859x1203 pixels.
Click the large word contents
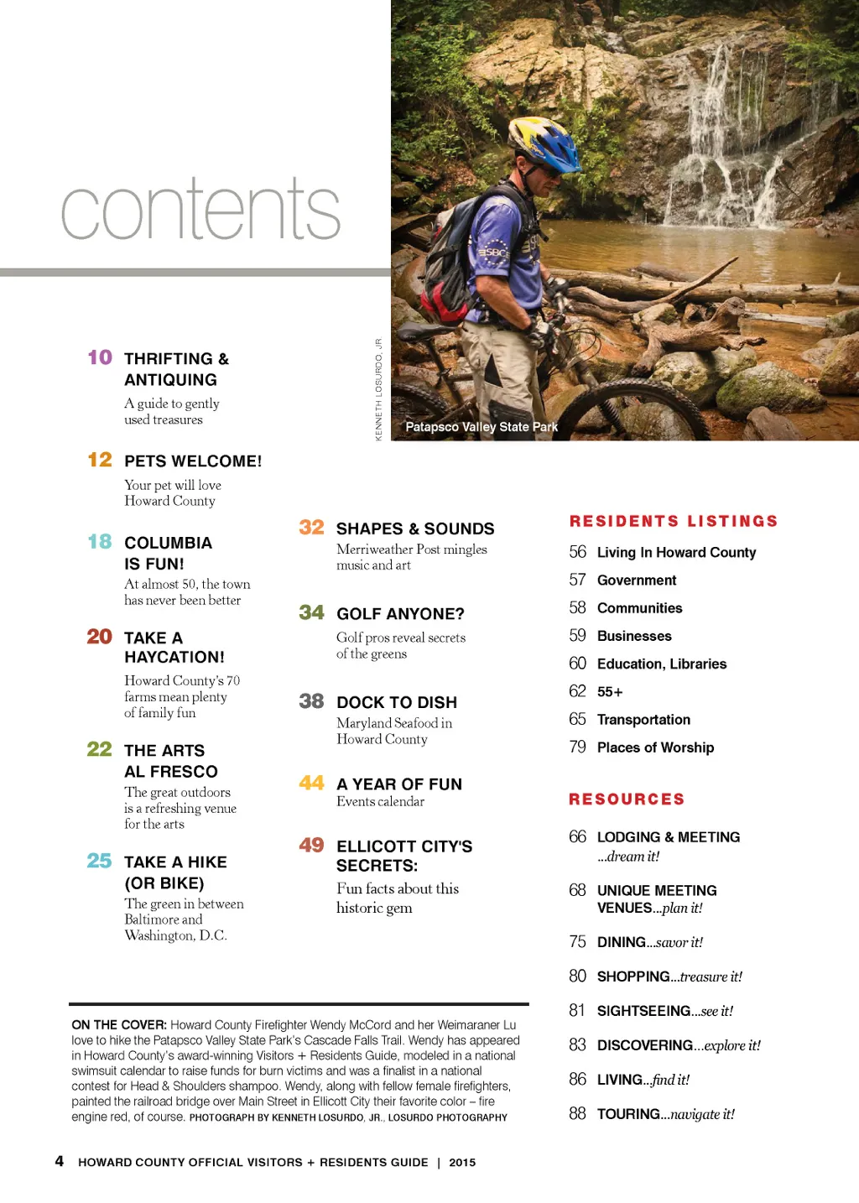pos(200,210)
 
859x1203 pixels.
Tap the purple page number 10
pos(100,357)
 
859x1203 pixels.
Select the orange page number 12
pos(100,460)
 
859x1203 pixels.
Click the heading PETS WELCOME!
pos(193,461)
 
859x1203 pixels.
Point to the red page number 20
pos(99,637)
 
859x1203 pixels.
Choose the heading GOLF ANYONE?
pos(400,614)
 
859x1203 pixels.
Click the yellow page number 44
pos(311,783)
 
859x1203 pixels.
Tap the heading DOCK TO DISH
pos(397,702)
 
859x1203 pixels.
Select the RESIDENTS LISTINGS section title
pos(674,521)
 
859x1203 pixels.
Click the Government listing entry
pos(637,581)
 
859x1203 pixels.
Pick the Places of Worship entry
pos(655,747)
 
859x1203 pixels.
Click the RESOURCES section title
pos(627,799)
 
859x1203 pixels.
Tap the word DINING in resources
pos(622,942)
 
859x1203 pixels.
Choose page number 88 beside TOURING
pos(577,1113)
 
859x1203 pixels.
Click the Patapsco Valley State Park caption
pos(482,427)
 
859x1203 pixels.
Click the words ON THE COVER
pos(118,1024)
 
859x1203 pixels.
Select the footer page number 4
pos(59,1161)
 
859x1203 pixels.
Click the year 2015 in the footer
pos(462,1163)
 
